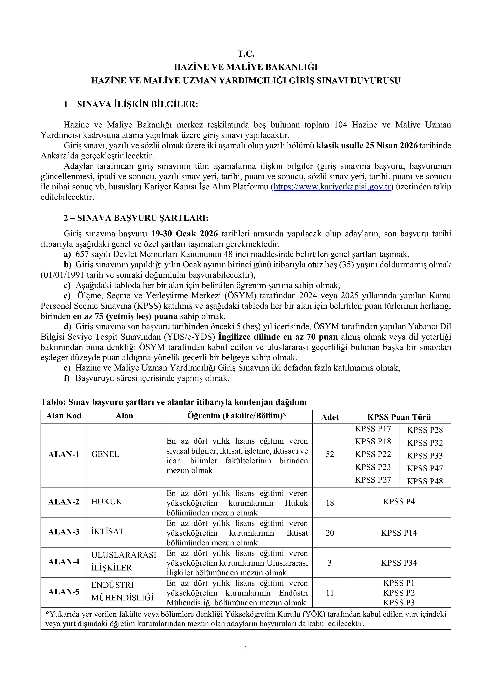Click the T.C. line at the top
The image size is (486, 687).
(x=246, y=54)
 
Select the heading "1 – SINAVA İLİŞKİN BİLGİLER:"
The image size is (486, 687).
(x=131, y=104)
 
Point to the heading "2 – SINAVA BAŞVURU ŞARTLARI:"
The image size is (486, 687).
(x=136, y=218)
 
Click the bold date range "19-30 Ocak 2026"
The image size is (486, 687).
(x=184, y=234)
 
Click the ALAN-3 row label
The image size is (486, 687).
(x=64, y=532)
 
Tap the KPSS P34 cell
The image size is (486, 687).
(x=399, y=563)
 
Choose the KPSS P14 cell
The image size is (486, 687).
(x=399, y=533)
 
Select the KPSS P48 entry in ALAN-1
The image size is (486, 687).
(x=425, y=481)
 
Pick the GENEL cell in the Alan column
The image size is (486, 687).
(x=105, y=454)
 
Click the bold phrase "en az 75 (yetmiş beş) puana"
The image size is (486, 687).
(x=125, y=316)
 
